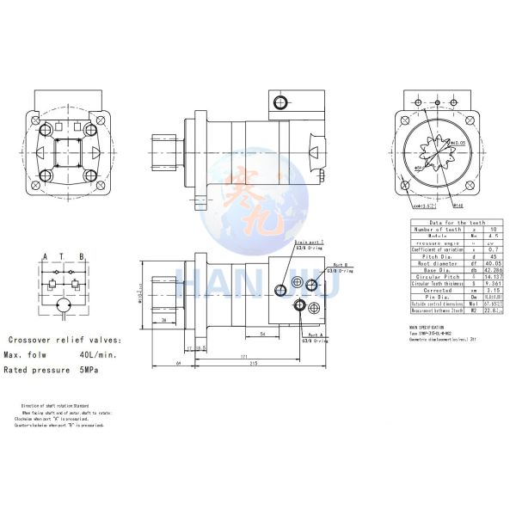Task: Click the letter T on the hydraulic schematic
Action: (64, 256)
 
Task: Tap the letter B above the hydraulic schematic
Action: (81, 256)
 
